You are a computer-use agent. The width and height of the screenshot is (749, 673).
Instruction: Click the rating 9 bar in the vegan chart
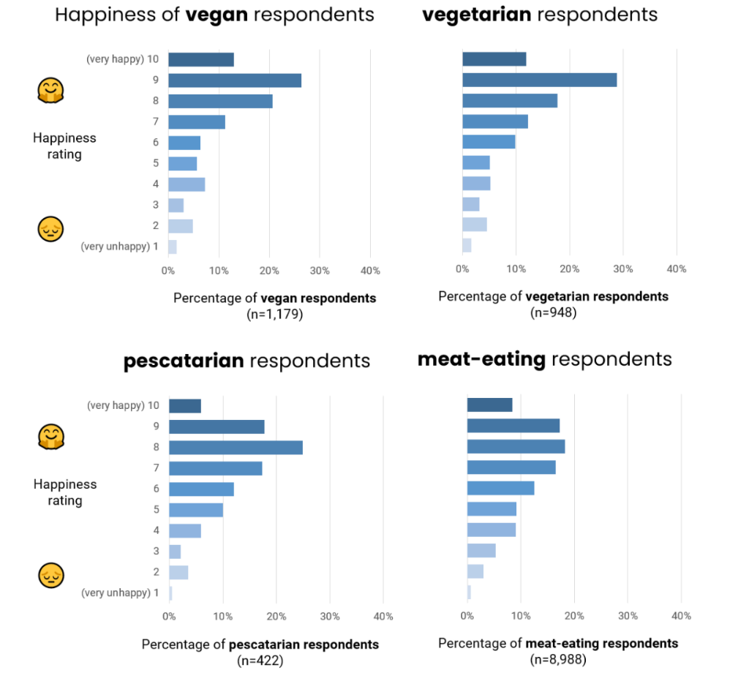point(234,80)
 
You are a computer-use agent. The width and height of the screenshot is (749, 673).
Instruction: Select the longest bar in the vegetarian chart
point(539,80)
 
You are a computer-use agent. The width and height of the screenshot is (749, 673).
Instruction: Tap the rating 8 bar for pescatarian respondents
point(236,448)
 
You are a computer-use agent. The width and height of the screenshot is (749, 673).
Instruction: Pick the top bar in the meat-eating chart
point(489,405)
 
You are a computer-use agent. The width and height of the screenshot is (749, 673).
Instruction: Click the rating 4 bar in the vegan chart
point(187,184)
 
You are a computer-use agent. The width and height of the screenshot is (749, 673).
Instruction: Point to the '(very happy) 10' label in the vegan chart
point(120,60)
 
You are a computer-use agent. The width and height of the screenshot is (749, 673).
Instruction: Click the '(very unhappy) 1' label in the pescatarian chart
point(120,593)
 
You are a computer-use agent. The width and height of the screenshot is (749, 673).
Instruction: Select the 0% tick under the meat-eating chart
point(467,617)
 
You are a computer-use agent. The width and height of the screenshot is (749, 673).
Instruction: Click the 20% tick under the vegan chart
point(269,271)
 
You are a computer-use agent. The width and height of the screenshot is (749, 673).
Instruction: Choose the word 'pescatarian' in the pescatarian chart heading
point(184,361)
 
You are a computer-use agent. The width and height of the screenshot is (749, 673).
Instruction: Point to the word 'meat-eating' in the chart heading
point(481,359)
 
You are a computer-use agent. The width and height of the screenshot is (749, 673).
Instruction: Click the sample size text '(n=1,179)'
point(274,315)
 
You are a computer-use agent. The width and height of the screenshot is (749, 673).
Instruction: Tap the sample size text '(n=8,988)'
point(558,660)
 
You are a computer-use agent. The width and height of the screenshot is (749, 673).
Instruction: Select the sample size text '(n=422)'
point(260,661)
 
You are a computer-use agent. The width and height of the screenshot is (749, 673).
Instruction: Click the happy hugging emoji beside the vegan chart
point(50,91)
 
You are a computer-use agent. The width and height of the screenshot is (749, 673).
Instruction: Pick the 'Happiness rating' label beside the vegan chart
point(64,146)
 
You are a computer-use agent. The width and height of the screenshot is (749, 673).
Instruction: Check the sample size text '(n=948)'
point(554,313)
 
